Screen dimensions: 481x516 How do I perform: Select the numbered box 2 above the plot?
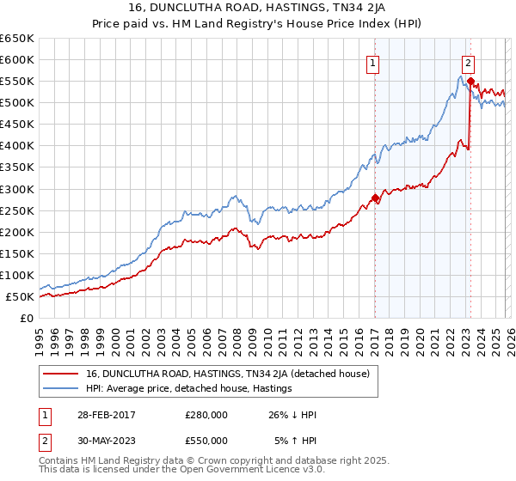tap(468, 62)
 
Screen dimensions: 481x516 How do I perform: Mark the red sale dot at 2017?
tap(375, 198)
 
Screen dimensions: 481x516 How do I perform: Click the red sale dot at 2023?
tap(470, 81)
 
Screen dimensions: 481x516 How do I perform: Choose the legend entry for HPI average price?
tap(189, 389)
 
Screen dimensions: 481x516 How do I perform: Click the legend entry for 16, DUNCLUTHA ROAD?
tap(227, 374)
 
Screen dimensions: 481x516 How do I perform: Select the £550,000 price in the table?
tap(206, 440)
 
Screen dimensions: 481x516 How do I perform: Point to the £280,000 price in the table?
tap(206, 414)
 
